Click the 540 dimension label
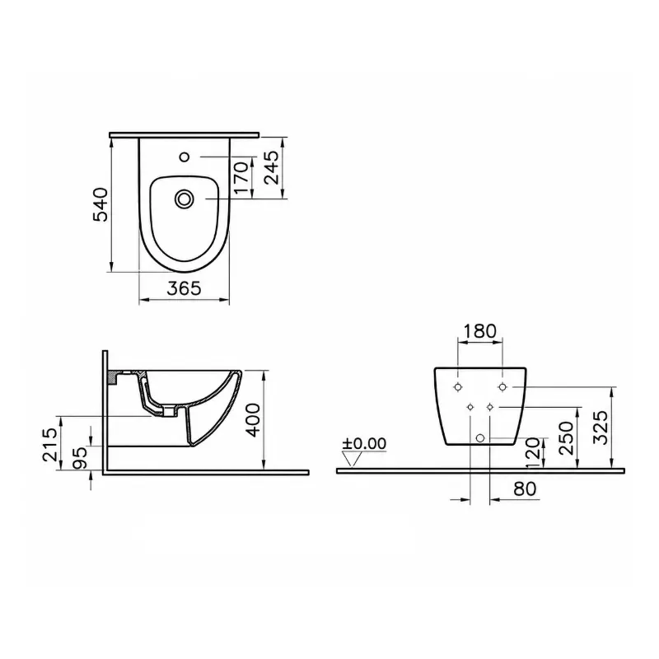point(100,205)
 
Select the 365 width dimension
point(184,288)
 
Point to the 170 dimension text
point(241,178)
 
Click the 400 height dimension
point(254,420)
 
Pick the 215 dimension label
point(50,445)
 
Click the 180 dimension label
point(479,331)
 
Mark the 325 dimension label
point(601,428)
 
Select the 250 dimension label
point(567,438)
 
